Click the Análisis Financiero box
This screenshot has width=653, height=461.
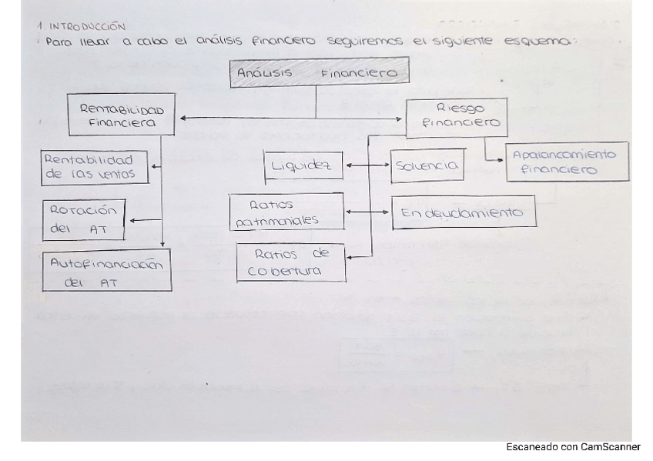pyautogui.click(x=319, y=73)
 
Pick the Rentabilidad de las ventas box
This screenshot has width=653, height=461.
pyautogui.click(x=95, y=166)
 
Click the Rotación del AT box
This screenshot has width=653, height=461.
pyautogui.click(x=85, y=219)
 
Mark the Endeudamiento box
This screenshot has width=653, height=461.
pyautogui.click(x=463, y=212)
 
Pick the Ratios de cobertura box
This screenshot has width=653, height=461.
pyautogui.click(x=290, y=262)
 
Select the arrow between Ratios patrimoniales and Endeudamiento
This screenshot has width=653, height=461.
pyautogui.click(x=367, y=212)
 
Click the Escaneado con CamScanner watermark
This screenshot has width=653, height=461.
pyautogui.click(x=573, y=447)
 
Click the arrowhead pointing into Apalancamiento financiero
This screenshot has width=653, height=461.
pyautogui.click(x=501, y=159)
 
